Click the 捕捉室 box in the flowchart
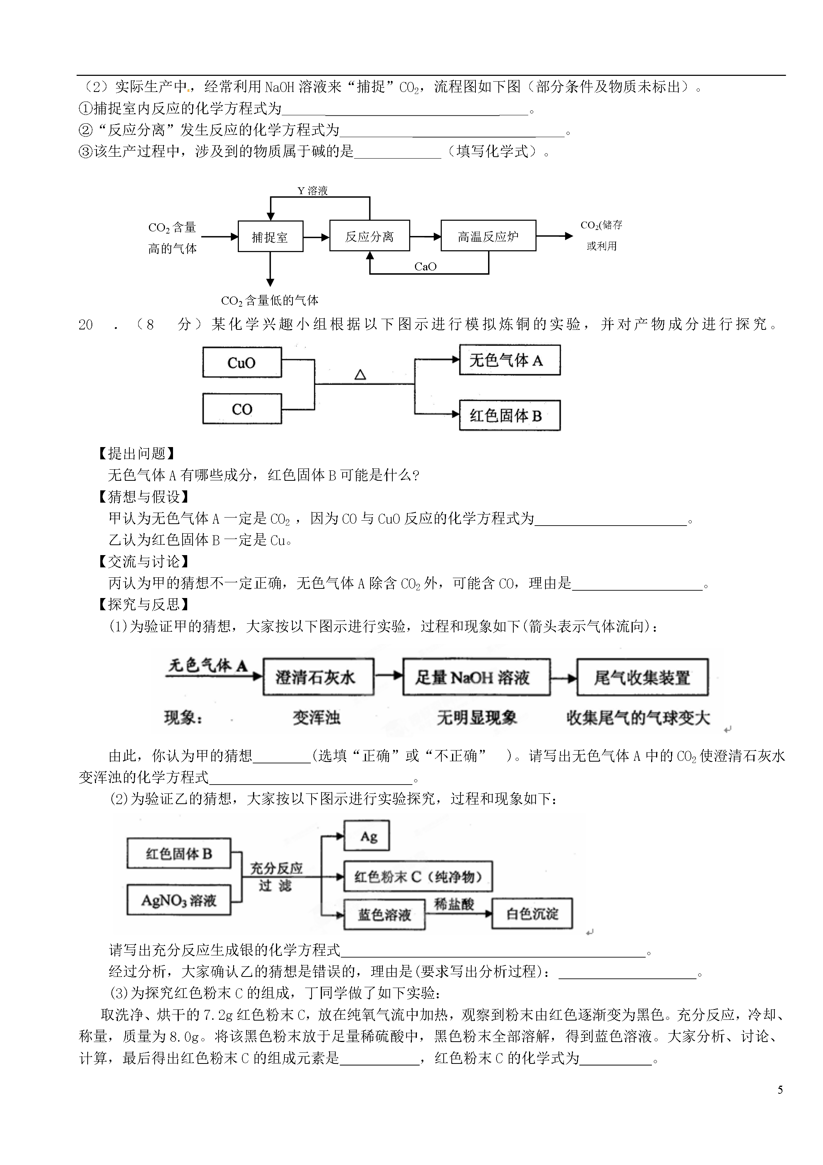click(270, 236)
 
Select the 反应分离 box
click(370, 236)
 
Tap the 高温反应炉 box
click(488, 236)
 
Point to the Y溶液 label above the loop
click(312, 191)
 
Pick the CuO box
click(242, 362)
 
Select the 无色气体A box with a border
click(509, 360)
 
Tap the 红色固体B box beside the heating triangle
click(509, 416)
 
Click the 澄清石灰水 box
click(318, 677)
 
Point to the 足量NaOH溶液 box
click(477, 677)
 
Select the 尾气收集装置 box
click(642, 677)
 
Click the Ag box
click(367, 836)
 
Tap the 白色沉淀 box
click(532, 914)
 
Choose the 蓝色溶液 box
click(384, 915)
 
